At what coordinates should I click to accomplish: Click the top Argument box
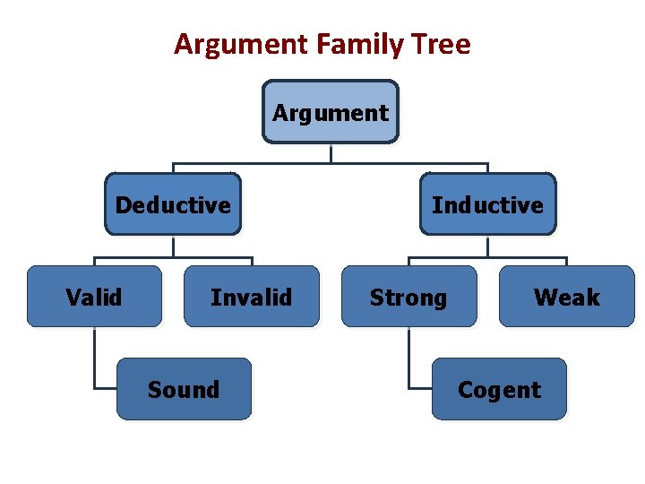point(331,112)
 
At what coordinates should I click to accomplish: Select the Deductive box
point(173,204)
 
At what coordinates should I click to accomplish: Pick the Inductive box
point(487,204)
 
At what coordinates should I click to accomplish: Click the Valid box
point(94,297)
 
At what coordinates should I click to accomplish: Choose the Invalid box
point(252,297)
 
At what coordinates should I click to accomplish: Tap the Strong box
point(408,297)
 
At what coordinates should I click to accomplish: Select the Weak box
point(566,297)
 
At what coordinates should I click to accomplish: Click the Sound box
point(184,389)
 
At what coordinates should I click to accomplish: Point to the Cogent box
point(499,389)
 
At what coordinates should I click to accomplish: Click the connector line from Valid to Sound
point(94,359)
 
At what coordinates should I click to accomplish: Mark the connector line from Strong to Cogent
point(408,359)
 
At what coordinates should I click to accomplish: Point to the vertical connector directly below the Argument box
point(331,153)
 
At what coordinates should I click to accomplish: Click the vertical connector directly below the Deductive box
point(173,246)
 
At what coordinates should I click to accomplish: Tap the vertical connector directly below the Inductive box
point(487,246)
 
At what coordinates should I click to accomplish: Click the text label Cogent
point(499,390)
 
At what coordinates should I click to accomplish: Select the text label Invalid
point(251,297)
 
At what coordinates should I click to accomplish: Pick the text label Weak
point(566,297)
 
